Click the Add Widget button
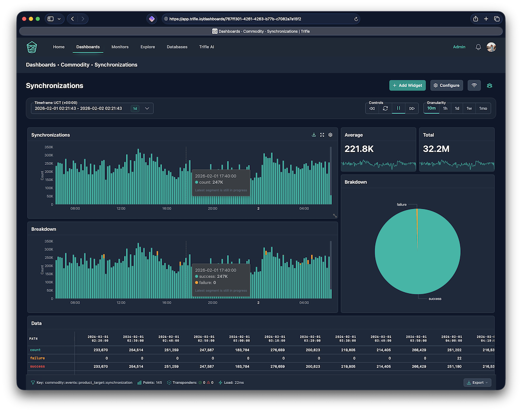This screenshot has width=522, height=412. [407, 86]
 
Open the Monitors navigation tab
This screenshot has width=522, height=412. [120, 47]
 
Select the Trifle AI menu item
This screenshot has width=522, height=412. [206, 47]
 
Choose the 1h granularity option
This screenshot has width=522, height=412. [445, 108]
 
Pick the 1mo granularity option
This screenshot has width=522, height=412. [483, 108]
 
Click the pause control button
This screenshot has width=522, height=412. [398, 108]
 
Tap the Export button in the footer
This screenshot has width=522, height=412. [477, 382]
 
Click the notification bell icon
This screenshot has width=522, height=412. [478, 47]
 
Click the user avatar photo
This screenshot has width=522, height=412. [491, 47]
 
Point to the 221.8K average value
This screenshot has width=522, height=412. [359, 149]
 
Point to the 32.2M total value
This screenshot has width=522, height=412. [436, 149]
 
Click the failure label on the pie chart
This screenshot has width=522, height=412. [402, 204]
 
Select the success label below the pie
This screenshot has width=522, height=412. [435, 298]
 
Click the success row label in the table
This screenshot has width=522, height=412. [37, 366]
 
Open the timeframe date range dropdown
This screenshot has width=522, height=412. [147, 108]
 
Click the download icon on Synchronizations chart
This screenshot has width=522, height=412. [314, 135]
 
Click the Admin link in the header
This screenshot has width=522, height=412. [459, 47]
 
